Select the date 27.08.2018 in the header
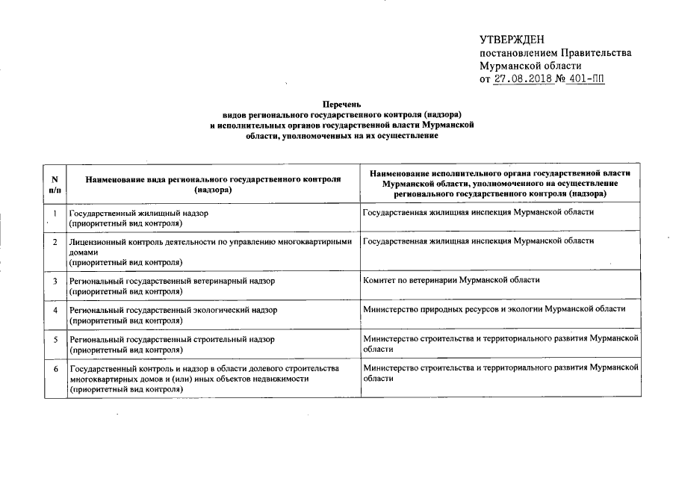523,78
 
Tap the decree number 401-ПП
586,78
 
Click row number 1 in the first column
54,214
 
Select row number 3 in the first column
54,282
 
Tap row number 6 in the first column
54,369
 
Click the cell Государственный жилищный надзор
138,218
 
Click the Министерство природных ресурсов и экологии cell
494,308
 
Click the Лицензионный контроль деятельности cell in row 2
209,252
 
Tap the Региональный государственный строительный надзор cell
171,344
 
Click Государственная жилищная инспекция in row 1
478,213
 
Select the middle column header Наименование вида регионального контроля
213,184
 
